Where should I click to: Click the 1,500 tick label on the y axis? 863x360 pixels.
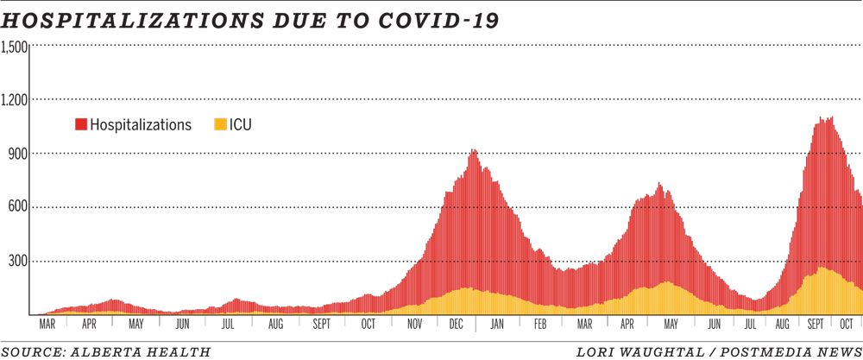coord(16,47)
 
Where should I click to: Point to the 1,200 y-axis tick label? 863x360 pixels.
coord(16,100)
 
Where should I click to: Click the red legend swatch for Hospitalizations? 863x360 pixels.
coord(80,125)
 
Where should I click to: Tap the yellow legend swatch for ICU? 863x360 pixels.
coord(219,125)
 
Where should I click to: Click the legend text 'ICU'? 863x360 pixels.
coord(241,125)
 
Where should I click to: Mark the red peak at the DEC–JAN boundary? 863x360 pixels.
coord(473,152)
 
